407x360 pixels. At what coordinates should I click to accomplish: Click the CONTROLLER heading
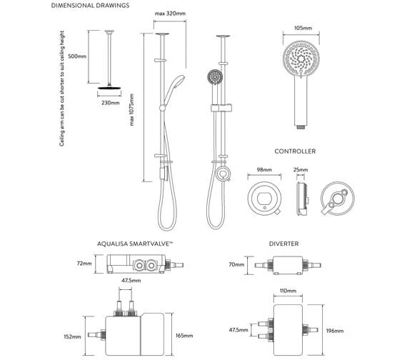[295, 151]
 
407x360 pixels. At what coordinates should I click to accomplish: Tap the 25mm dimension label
[300, 171]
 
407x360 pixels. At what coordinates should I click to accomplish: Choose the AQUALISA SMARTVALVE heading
[136, 244]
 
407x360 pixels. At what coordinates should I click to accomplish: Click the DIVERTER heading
[283, 244]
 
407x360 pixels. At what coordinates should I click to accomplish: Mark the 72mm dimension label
[84, 264]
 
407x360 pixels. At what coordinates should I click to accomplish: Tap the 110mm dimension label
[288, 291]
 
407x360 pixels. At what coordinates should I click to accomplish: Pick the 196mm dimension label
[334, 331]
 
